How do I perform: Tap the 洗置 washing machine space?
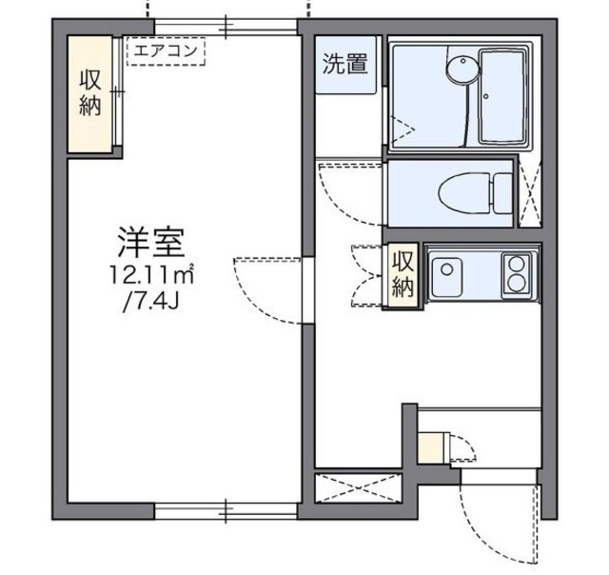pyautogui.click(x=344, y=66)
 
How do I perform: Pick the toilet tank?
pyautogui.click(x=502, y=193)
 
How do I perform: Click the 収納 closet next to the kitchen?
pyautogui.click(x=403, y=274)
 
